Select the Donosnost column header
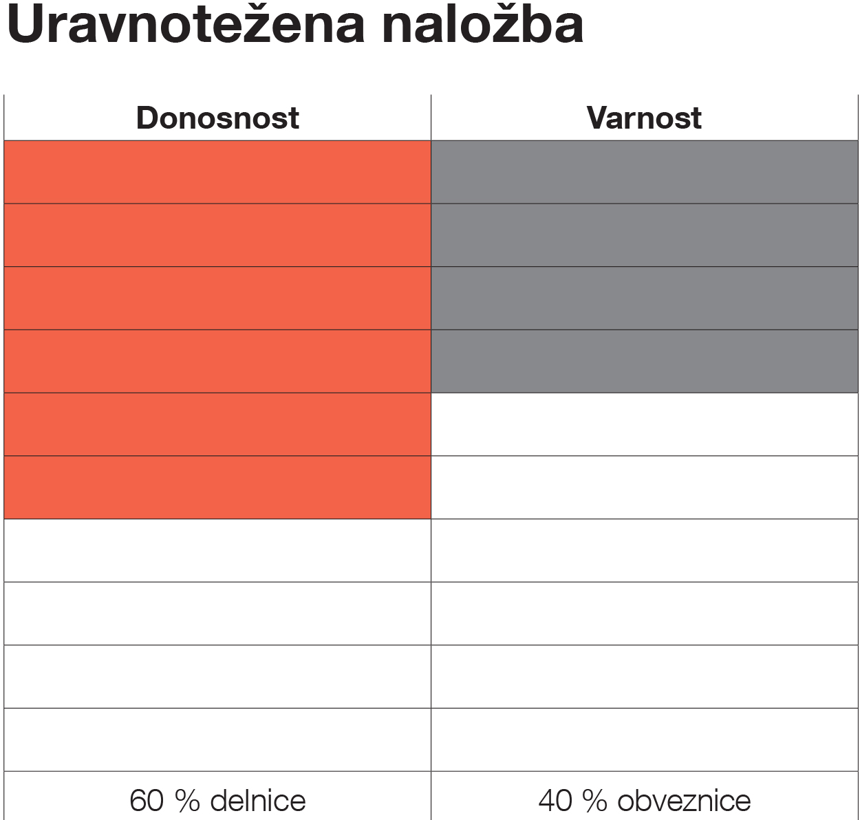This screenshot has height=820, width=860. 217,118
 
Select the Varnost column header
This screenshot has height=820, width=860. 644,118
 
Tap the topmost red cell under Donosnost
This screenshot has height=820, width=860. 217,172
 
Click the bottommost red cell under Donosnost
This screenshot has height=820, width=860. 217,487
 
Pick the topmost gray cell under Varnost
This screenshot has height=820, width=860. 644,172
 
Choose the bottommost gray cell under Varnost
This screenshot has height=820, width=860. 644,361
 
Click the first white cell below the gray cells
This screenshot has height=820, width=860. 644,424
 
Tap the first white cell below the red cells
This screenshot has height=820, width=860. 217,550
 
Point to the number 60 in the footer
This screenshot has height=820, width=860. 147,801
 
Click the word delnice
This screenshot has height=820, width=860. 257,801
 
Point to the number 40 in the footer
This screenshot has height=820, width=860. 556,801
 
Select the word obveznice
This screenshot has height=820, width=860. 684,801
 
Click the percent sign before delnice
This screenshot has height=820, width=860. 186,801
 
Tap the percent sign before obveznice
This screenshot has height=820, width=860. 595,801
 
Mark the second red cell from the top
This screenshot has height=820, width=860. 217,235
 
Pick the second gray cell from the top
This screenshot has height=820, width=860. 644,235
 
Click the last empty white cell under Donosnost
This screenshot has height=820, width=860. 217,740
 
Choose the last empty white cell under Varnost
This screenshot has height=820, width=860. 644,740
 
